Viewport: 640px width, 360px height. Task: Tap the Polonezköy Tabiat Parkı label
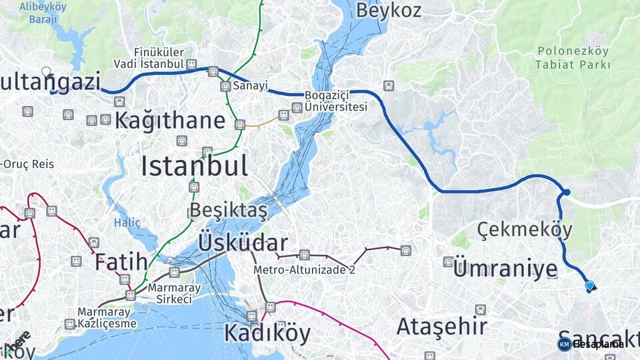(573, 58)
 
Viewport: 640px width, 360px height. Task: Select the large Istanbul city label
(194, 166)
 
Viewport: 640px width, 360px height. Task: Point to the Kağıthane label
(170, 121)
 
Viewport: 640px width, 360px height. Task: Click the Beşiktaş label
(228, 210)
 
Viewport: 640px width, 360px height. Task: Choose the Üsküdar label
(243, 243)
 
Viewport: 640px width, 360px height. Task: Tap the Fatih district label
(120, 261)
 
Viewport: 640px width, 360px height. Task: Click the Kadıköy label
(267, 332)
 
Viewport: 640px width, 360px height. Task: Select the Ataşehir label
(441, 327)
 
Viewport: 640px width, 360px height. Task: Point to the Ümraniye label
(505, 269)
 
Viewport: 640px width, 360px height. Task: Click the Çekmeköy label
(525, 230)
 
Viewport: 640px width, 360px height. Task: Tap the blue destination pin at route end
(589, 286)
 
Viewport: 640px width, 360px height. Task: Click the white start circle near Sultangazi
(46, 71)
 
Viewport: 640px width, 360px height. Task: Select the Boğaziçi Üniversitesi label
(336, 101)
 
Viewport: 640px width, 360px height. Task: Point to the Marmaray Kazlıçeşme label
(107, 317)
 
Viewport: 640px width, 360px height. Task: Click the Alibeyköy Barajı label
(43, 13)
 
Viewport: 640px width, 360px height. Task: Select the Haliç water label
(127, 222)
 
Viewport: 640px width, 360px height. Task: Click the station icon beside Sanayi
(225, 86)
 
